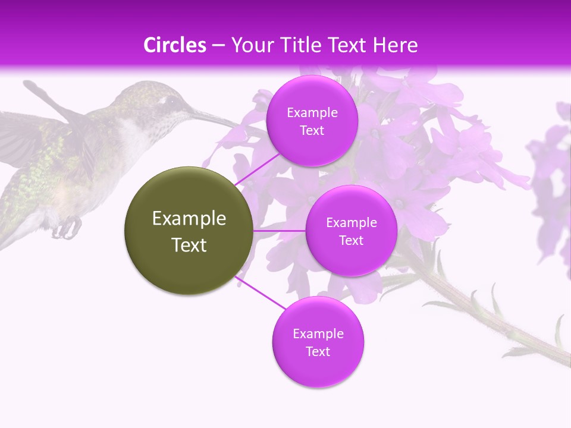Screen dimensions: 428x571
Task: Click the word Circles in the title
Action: (x=175, y=45)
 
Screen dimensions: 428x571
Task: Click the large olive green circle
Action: (x=189, y=231)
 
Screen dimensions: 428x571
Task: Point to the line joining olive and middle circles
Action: (x=280, y=231)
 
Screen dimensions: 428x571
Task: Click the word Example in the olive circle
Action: (x=189, y=219)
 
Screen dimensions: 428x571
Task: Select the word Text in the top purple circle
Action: (x=312, y=131)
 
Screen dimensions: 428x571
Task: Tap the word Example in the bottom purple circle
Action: (x=318, y=333)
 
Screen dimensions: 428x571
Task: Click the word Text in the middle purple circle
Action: (x=351, y=240)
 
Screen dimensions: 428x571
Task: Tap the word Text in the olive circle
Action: (x=189, y=245)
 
